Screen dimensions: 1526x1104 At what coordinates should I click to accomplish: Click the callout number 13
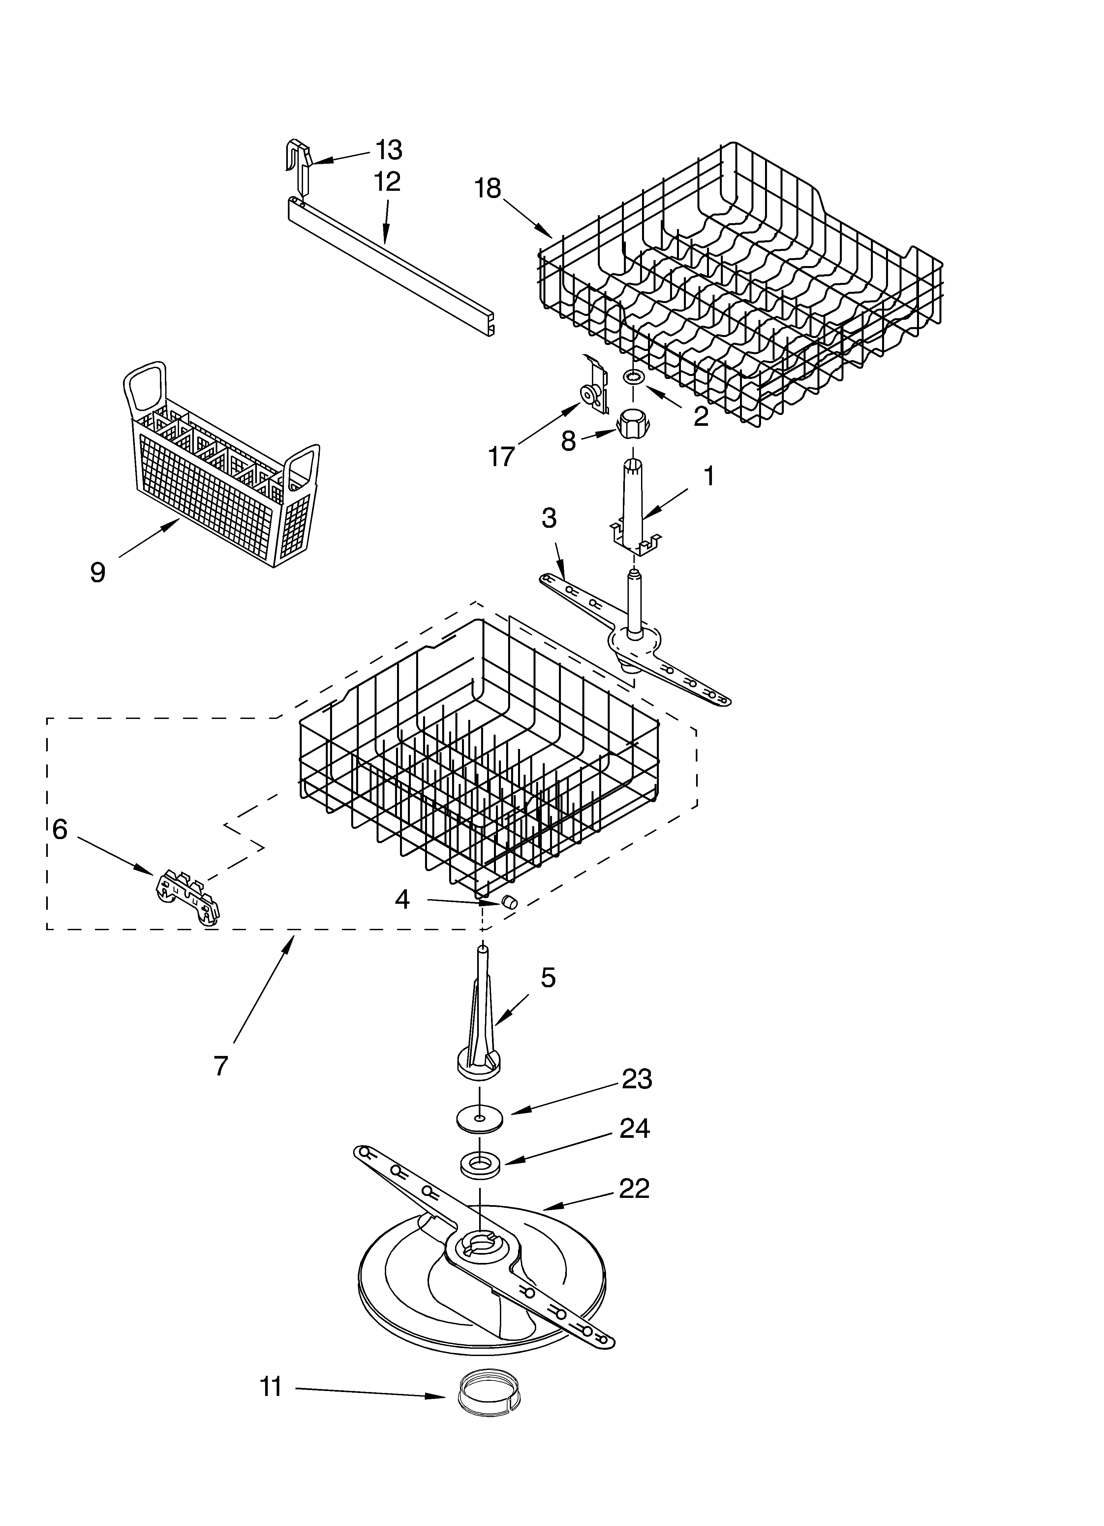tap(389, 150)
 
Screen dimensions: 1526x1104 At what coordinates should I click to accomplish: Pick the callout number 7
tap(221, 1065)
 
